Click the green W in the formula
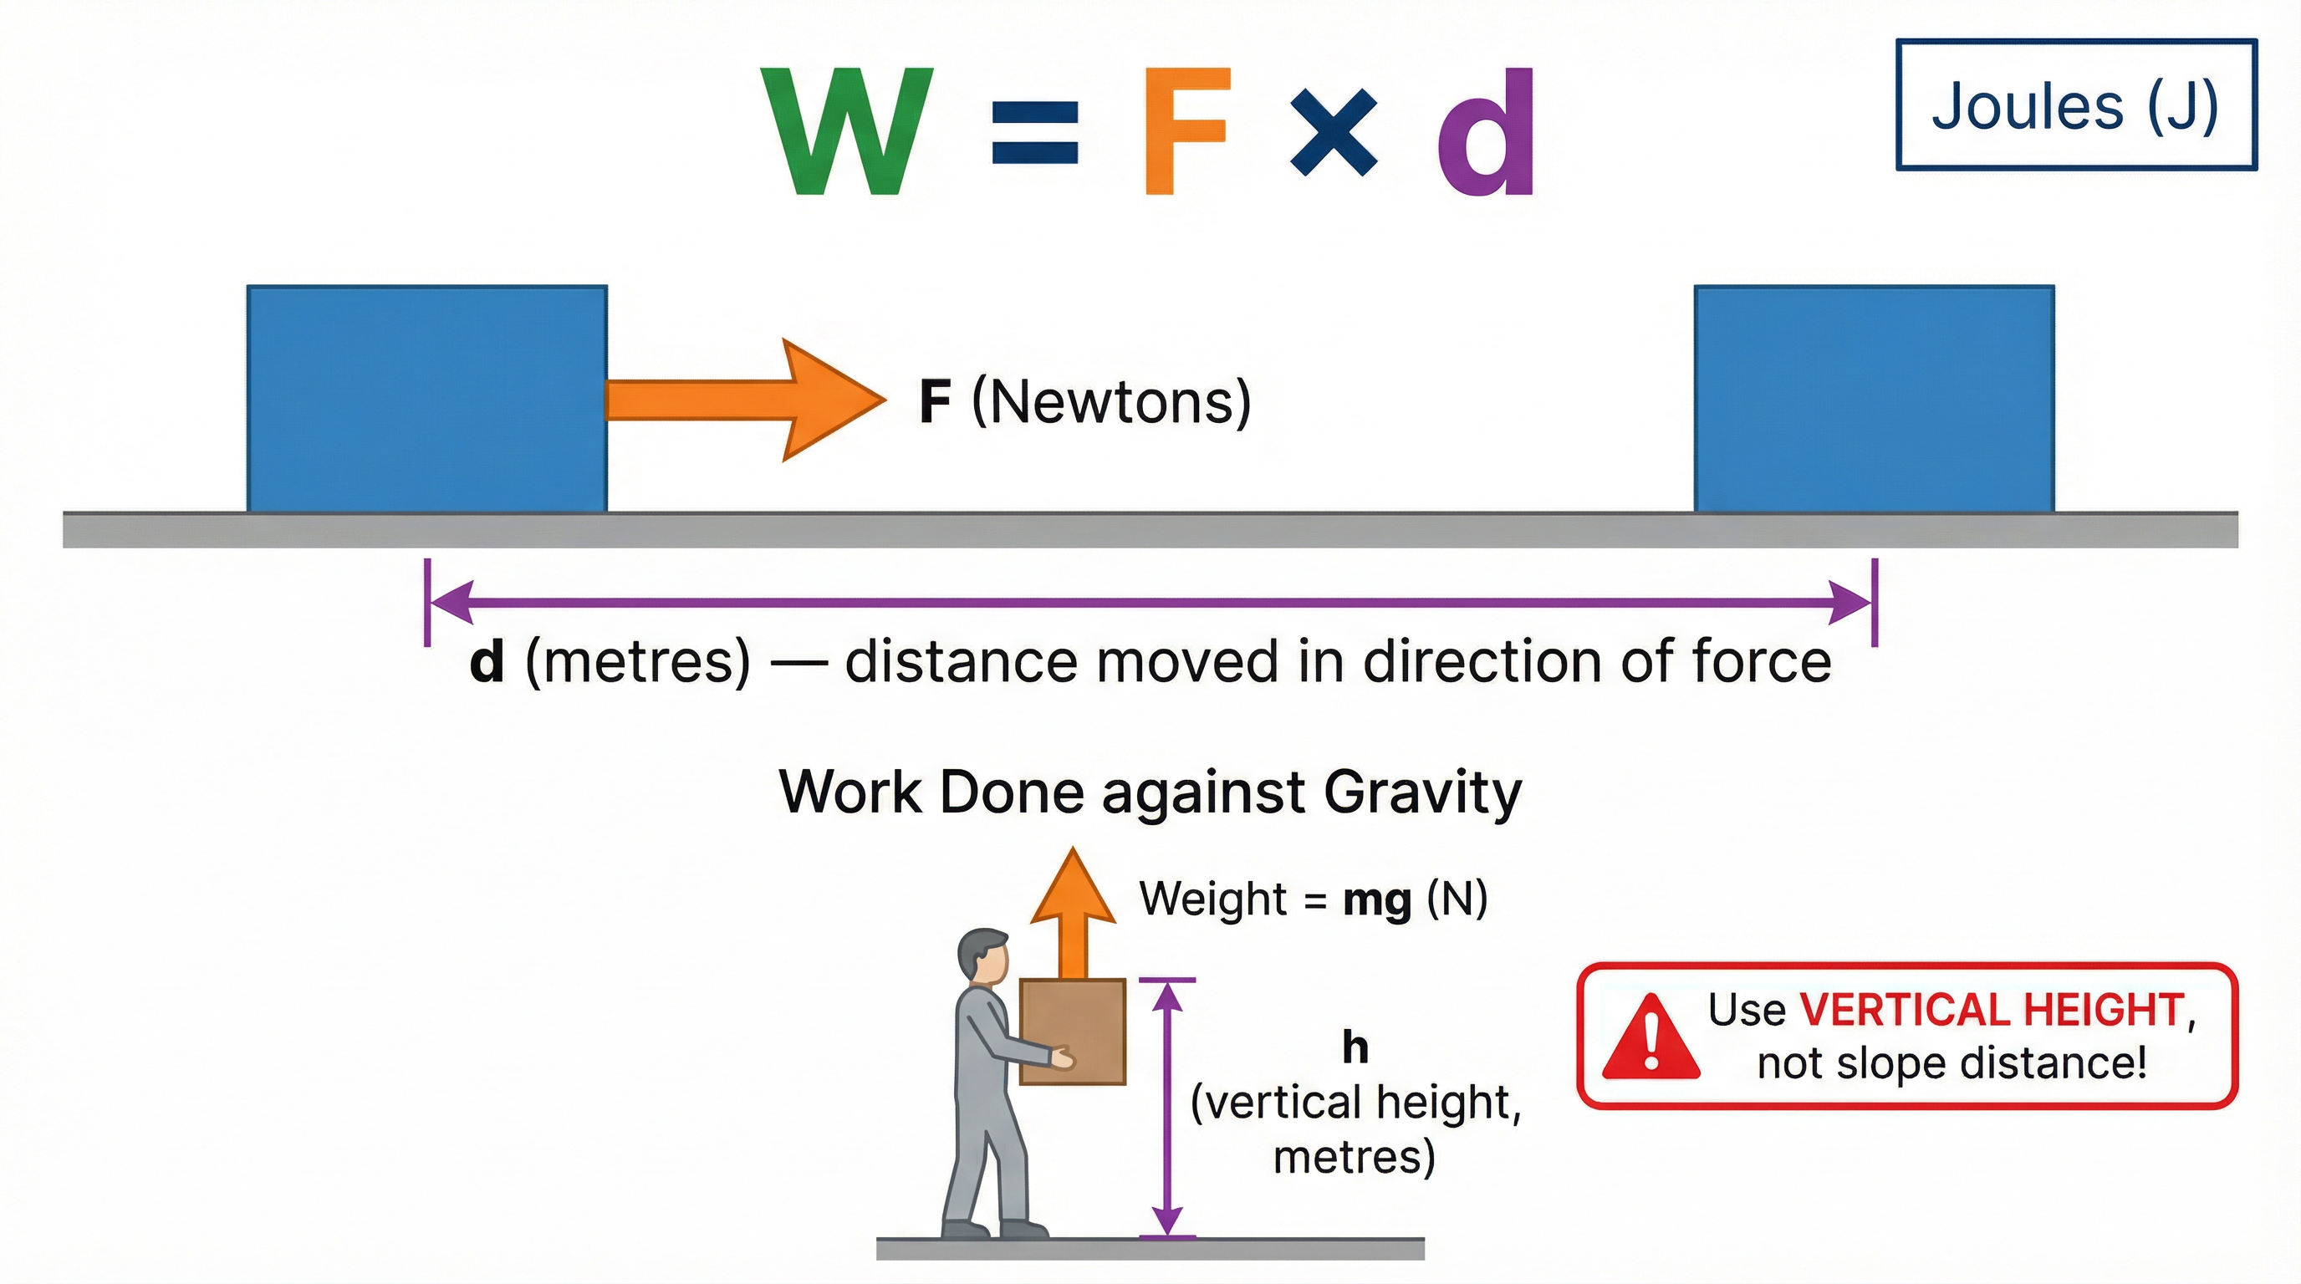(847, 131)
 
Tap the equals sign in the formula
(1035, 132)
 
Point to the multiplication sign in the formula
(1334, 133)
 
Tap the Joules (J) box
(2075, 105)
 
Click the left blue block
(427, 398)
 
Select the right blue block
(1874, 398)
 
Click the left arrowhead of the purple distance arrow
(452, 602)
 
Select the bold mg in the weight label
(1376, 899)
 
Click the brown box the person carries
(1072, 1032)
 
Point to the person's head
(983, 956)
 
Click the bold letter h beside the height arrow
(1355, 1047)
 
